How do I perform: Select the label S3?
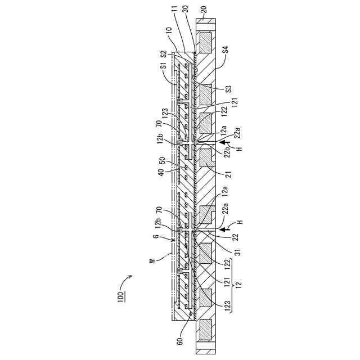coord(227,90)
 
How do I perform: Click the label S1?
coord(163,67)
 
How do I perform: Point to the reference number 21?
coord(228,174)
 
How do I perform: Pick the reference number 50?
coord(163,161)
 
